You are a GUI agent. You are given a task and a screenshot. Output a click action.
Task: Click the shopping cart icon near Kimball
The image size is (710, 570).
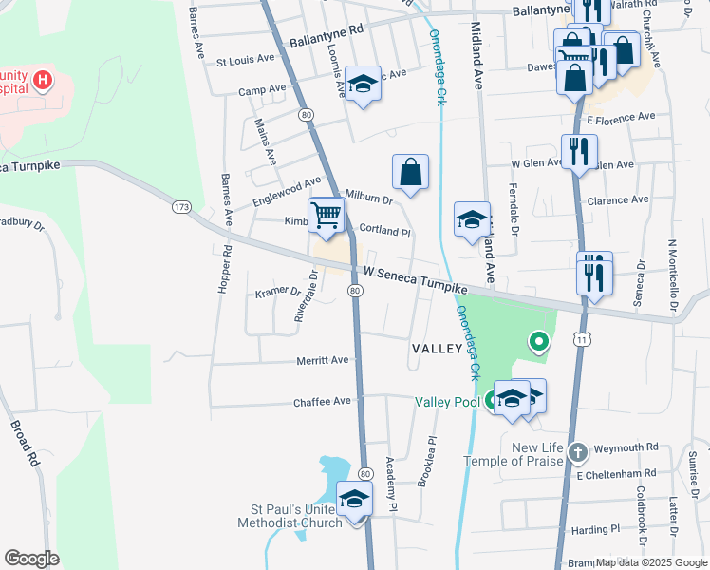326,216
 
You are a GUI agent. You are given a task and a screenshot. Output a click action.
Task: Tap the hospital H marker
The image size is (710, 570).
43,81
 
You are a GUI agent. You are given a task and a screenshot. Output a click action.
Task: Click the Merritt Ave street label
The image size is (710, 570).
323,360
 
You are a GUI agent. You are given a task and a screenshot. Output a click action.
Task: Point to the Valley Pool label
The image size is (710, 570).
448,402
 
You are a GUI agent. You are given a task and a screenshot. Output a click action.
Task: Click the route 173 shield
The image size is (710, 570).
182,205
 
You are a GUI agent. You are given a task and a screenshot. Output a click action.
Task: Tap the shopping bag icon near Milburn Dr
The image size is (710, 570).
410,173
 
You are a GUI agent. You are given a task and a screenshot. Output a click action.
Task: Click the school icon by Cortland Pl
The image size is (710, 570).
472,220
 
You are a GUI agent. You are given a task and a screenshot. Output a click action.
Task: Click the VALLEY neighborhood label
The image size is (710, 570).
436,349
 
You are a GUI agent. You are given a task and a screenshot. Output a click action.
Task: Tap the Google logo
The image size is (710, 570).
31,559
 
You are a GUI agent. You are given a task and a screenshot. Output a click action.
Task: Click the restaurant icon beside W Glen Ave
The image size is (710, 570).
578,151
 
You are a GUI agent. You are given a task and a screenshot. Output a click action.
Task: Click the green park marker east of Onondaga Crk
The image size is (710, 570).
538,340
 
